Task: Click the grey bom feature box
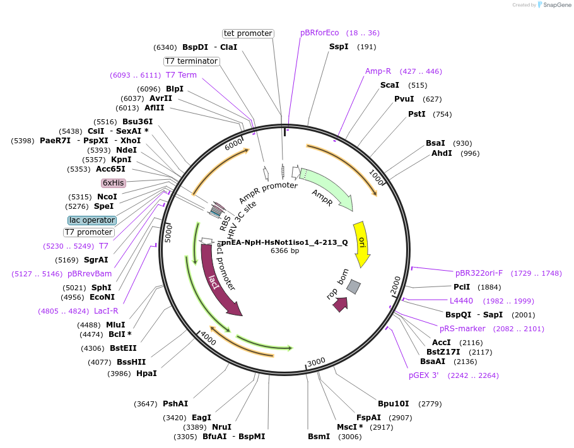click(354, 286)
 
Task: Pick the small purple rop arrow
click(341, 304)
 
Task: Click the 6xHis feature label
click(114, 183)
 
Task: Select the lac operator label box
click(92, 220)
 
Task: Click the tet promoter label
click(248, 33)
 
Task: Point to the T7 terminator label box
click(191, 61)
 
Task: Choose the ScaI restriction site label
click(389, 85)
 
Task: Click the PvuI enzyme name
click(404, 99)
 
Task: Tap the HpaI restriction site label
click(146, 374)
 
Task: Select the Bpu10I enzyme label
click(394, 404)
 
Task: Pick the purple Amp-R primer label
click(378, 71)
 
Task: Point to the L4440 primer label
click(461, 301)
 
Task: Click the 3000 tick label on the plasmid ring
click(316, 361)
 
